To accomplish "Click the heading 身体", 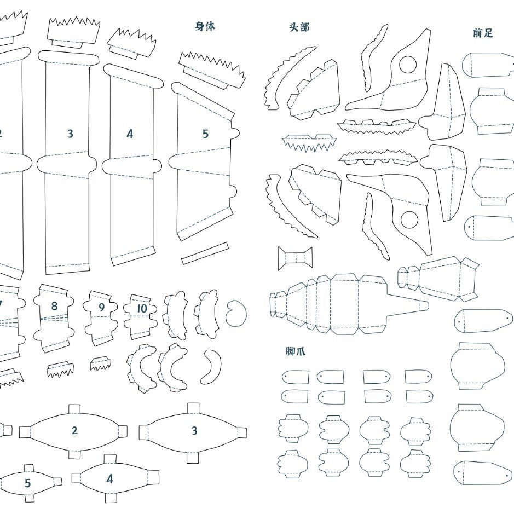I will [205, 26].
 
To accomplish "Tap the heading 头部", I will [299, 27].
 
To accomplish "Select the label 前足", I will [483, 33].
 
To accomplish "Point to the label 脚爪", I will [295, 351].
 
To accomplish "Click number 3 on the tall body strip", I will [70, 134].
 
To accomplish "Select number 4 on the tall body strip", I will [130, 134].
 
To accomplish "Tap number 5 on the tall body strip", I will [205, 134].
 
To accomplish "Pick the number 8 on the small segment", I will [54, 307].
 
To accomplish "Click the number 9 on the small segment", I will [101, 308].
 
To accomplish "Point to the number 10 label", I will [142, 309].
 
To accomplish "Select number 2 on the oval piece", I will [75, 431].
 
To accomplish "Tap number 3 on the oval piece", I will [194, 431].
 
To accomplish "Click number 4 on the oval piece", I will [109, 479].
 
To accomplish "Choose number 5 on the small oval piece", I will [28, 483].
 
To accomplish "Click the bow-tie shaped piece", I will [295, 258].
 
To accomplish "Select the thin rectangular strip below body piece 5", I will [205, 253].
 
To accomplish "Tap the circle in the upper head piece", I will [408, 65].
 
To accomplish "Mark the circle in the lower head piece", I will [409, 220].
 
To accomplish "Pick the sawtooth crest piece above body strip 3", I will [73, 31].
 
